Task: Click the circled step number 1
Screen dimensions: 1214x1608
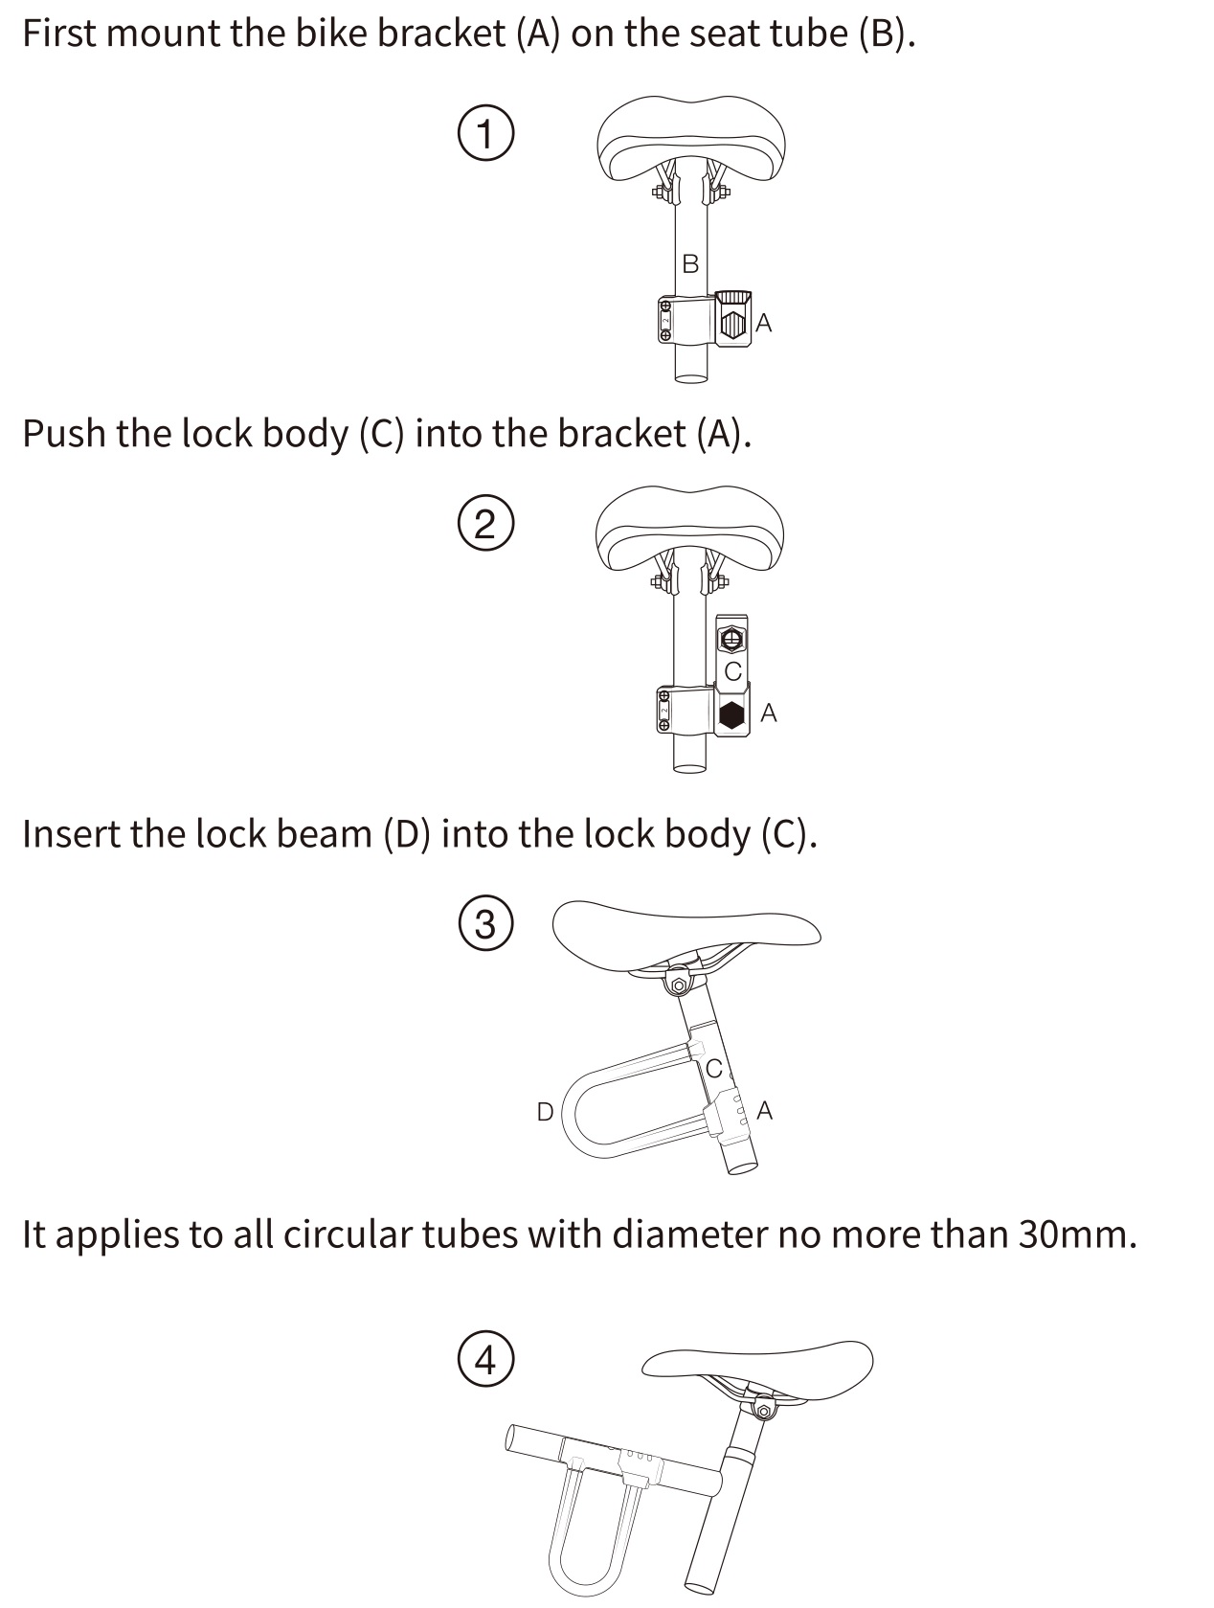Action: [485, 133]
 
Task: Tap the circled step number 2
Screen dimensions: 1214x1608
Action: [485, 523]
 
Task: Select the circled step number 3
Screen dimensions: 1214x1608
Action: [485, 923]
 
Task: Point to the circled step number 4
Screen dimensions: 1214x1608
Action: [485, 1359]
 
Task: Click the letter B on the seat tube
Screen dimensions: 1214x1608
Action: [689, 263]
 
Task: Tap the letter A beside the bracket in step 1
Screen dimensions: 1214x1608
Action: [764, 323]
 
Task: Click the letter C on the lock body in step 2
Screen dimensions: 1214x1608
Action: [733, 671]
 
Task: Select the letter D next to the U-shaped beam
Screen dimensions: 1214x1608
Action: [545, 1112]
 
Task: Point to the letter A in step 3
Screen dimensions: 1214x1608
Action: [764, 1111]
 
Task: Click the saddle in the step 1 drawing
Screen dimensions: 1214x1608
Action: [690, 139]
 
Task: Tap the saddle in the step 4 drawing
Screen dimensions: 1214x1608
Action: [756, 1367]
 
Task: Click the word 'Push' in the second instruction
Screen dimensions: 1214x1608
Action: [64, 434]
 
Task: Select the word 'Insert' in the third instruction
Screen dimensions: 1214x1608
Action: [71, 834]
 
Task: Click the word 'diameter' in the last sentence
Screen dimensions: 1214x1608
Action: [689, 1235]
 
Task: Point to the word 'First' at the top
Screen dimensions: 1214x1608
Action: [59, 34]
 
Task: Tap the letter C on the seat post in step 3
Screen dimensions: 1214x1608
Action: [714, 1069]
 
